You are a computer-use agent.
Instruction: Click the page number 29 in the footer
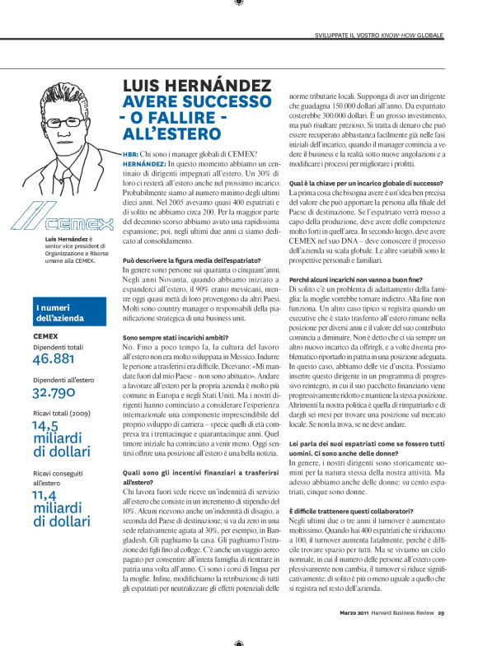442,612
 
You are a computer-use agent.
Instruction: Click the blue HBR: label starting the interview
130,154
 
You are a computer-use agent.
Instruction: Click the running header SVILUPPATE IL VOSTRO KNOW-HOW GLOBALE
379,37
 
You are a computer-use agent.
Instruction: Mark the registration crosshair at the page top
239,4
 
